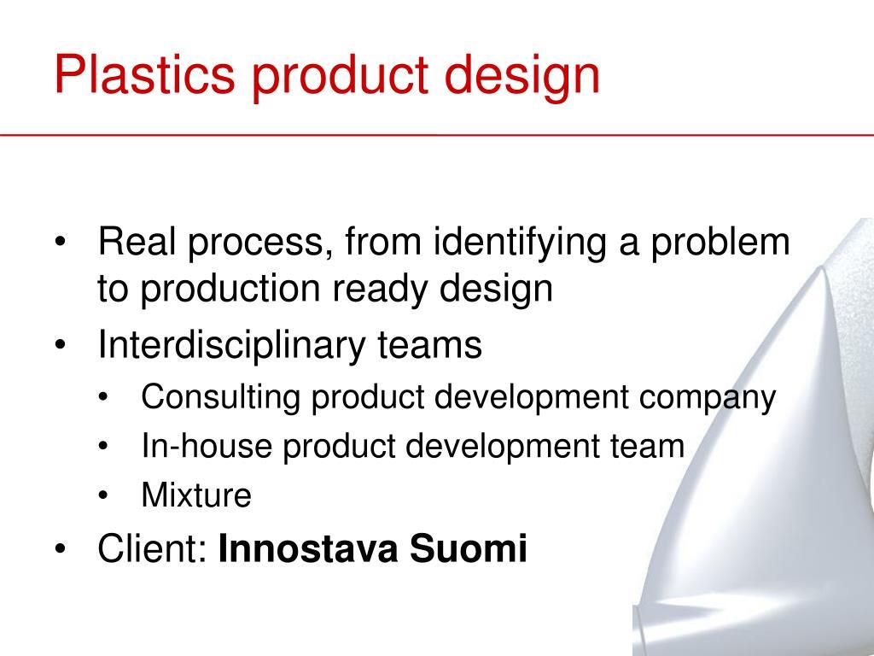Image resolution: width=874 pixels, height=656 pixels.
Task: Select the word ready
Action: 387,290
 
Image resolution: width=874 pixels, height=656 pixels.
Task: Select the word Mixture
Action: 196,495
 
